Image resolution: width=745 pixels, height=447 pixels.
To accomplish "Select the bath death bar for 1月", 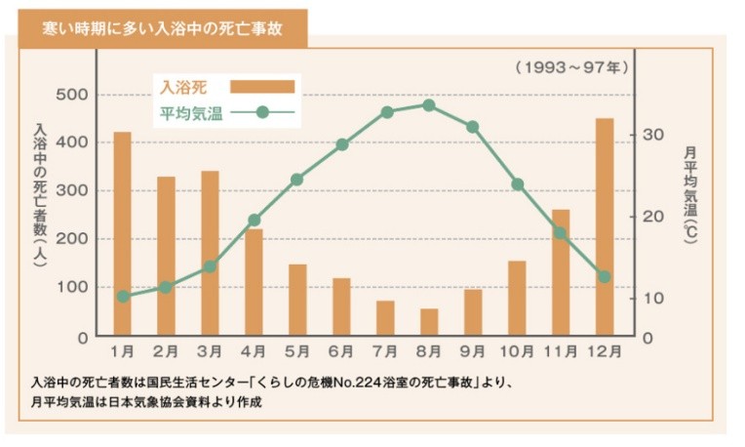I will (122, 234).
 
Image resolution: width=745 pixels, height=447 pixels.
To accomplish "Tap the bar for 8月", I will (429, 322).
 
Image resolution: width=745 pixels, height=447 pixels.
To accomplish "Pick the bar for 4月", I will (254, 282).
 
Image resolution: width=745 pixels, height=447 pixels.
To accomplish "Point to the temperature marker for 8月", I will (429, 104).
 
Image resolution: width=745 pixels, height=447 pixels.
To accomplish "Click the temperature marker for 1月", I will (122, 296).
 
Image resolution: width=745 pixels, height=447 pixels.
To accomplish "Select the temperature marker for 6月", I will (341, 144).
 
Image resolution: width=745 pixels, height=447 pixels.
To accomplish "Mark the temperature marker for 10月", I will (517, 183).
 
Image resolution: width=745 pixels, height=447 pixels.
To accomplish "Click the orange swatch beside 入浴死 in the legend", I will (262, 87).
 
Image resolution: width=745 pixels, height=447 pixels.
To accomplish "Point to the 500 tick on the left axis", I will (71, 95).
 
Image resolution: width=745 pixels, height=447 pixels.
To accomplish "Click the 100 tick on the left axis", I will (71, 287).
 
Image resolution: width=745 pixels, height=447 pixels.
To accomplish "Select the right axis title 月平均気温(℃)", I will (690, 195).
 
